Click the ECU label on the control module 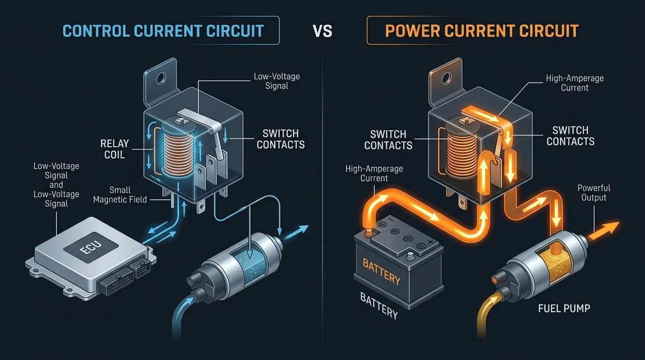coord(90,247)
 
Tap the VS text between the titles coord(322,31)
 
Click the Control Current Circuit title coord(163,31)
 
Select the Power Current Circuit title coord(482,31)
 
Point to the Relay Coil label coord(114,149)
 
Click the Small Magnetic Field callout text coord(120,195)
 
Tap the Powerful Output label coord(594,193)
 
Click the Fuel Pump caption coord(564,308)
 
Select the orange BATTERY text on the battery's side coord(382,271)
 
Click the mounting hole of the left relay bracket coord(161,78)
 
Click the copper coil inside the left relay coord(178,150)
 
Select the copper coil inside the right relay coord(462,150)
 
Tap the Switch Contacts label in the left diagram coord(281,139)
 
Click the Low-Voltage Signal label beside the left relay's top coord(277,81)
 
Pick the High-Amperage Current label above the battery coord(374,173)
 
